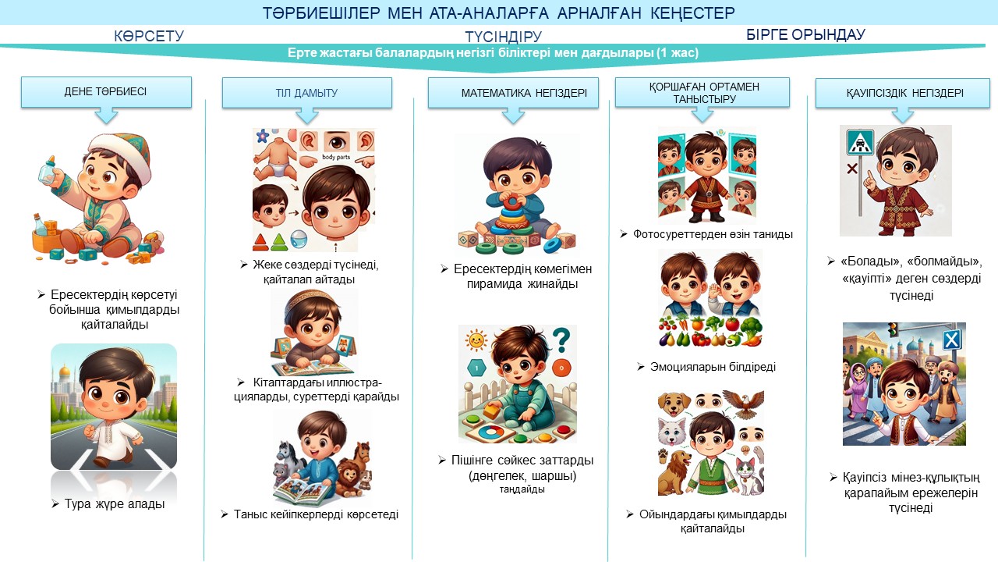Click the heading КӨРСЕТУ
click(x=149, y=36)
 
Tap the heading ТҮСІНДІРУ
click(x=504, y=36)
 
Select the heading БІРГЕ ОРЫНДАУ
click(x=805, y=34)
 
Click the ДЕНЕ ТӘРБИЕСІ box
click(x=106, y=92)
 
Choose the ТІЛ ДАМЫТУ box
click(x=307, y=93)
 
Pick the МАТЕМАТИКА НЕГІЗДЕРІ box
click(x=513, y=93)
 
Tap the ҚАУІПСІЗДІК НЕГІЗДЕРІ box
click(x=903, y=93)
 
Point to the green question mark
click(x=562, y=340)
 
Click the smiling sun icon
click(x=476, y=341)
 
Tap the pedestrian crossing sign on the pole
click(x=859, y=143)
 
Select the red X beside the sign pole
click(x=852, y=169)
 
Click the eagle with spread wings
click(x=743, y=404)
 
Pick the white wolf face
click(x=672, y=432)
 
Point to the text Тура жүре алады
click(x=115, y=504)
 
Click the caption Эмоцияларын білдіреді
click(x=713, y=367)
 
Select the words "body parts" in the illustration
click(x=336, y=157)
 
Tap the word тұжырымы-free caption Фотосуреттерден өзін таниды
click(x=713, y=234)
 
